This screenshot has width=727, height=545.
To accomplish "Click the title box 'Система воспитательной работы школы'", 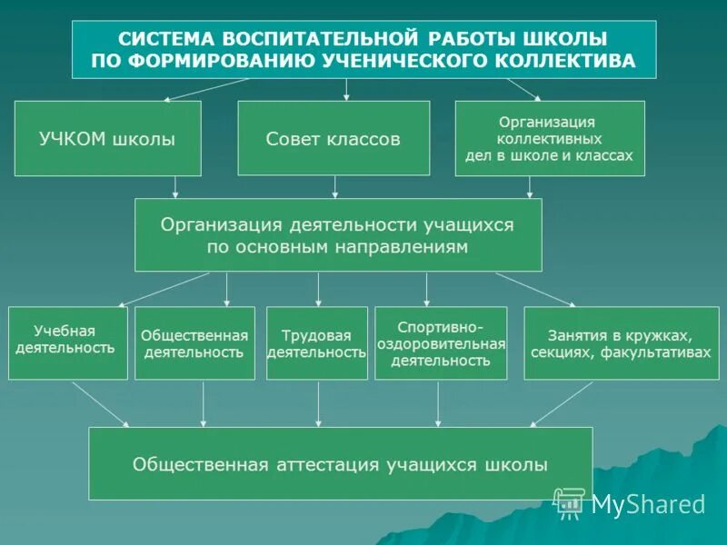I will [x=363, y=50].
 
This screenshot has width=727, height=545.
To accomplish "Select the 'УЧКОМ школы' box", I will [x=107, y=138].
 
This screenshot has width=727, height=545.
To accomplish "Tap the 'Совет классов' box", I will [x=334, y=138].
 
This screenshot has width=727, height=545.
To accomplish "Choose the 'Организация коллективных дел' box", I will [x=549, y=138].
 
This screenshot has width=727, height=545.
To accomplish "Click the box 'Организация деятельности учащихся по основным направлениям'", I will [x=338, y=234].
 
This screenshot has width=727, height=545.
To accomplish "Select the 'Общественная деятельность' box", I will [x=194, y=342].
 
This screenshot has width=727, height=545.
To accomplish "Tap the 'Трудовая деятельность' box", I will [x=317, y=342].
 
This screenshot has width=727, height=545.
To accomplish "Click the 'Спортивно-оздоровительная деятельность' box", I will [x=441, y=342].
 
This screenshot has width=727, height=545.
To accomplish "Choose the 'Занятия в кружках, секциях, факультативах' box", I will [x=622, y=342].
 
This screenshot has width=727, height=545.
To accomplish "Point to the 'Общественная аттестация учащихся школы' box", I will [x=340, y=463].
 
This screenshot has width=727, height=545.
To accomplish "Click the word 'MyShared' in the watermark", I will [x=648, y=504].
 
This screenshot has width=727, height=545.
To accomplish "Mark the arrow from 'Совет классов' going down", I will [x=335, y=186].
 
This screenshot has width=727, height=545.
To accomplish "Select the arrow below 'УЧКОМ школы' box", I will [x=175, y=186].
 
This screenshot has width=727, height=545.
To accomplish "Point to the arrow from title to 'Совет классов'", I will [x=346, y=89].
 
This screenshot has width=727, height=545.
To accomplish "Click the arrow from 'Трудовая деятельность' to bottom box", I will [x=318, y=403].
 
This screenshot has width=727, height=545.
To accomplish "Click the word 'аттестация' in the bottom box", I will [x=329, y=464].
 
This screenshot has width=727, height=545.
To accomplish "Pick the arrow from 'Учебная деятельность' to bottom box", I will [x=100, y=403].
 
